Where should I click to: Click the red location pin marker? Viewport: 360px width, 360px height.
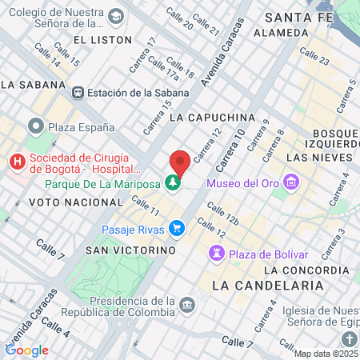[x=180, y=162]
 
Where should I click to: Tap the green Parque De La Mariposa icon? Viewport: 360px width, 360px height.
[x=173, y=183]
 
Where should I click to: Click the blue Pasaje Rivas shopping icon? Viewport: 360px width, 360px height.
[x=178, y=230]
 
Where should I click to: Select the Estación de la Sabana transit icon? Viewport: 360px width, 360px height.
[x=78, y=92]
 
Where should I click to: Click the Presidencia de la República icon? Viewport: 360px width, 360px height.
[x=187, y=305]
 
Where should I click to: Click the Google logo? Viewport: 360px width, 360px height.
[x=26, y=350]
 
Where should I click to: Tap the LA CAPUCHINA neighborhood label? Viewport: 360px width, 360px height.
[x=212, y=117]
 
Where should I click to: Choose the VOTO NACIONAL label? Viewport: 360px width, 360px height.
[x=67, y=202]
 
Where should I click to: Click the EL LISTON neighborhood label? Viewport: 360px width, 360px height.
[x=100, y=38]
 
